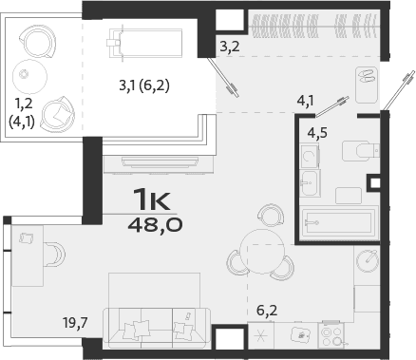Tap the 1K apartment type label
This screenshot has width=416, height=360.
(152, 200)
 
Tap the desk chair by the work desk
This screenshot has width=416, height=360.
(55, 254)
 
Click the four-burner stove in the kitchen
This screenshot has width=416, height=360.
(331, 334)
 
